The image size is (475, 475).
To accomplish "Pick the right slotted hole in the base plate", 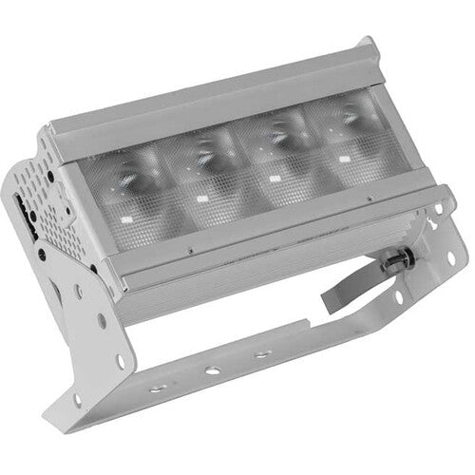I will click(x=258, y=353).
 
